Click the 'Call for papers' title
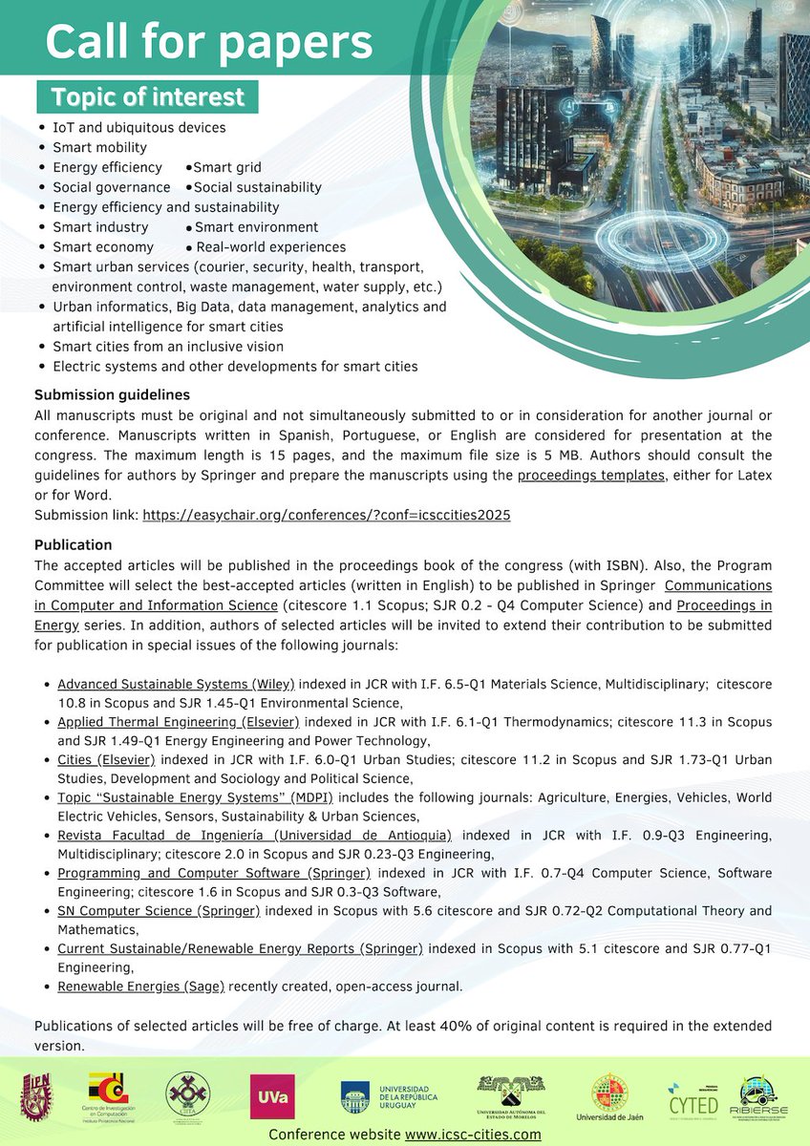coord(208,43)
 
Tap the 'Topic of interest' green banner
coord(147,97)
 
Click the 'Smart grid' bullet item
coord(226,167)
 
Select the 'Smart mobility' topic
coord(99,147)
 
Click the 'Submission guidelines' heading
coord(112,394)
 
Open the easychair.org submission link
coord(326,515)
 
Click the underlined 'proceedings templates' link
coord(590,475)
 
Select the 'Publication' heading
coord(73,545)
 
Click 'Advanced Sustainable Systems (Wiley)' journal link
coord(176,684)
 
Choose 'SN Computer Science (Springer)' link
coord(158,911)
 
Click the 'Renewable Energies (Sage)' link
coord(140,987)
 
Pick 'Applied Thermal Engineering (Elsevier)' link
coord(178,722)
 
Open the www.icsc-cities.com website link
coord(473,1135)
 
